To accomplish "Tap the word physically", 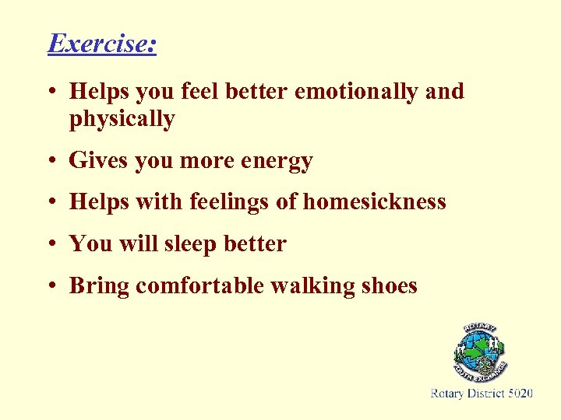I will pyautogui.click(x=122, y=120).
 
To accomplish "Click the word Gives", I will pyautogui.click(x=99, y=161).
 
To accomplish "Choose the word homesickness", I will pyautogui.click(x=374, y=202).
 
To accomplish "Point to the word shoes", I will pyautogui.click(x=390, y=285).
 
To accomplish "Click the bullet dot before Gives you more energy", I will pyautogui.click(x=51, y=162).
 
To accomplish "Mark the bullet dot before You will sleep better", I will pyautogui.click(x=51, y=245).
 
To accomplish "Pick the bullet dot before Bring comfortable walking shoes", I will pyautogui.click(x=51, y=287).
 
